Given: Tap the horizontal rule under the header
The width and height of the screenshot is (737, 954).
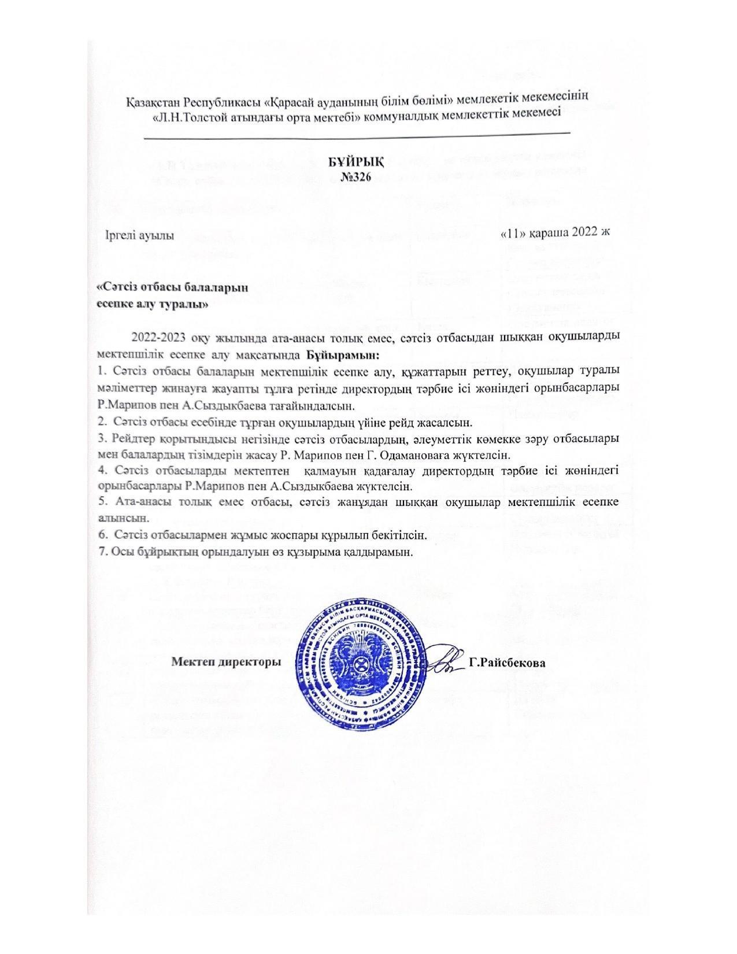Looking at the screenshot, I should click(x=356, y=137).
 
